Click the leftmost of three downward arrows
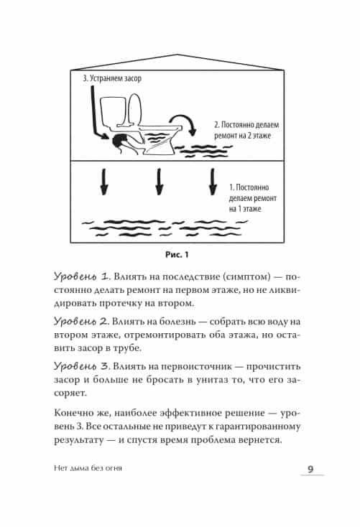(x=104, y=181)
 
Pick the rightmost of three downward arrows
(x=211, y=181)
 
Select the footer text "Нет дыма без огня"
(x=87, y=470)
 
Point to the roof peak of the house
(x=180, y=55)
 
